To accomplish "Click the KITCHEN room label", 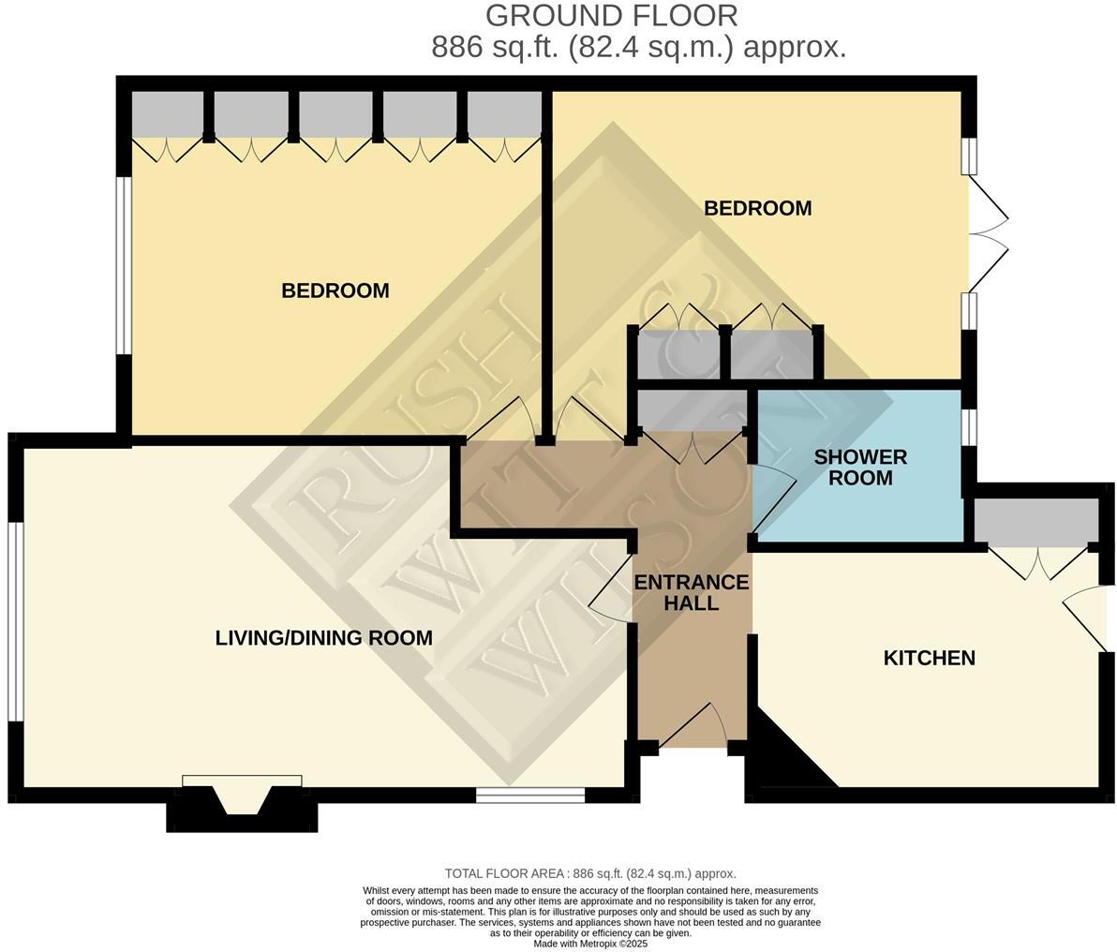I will click(929, 658).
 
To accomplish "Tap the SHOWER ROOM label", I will click(860, 468).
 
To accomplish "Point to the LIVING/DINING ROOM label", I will click(323, 638).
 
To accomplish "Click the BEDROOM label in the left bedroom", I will click(335, 290).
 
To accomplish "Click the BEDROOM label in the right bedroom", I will click(757, 208).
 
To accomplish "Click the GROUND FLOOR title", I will click(611, 16).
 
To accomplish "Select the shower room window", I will click(970, 427).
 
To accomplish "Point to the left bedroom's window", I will click(124, 265).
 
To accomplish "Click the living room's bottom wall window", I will click(529, 796).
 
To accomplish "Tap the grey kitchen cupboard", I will click(1035, 521).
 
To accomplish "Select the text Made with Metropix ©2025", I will click(590, 944).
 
